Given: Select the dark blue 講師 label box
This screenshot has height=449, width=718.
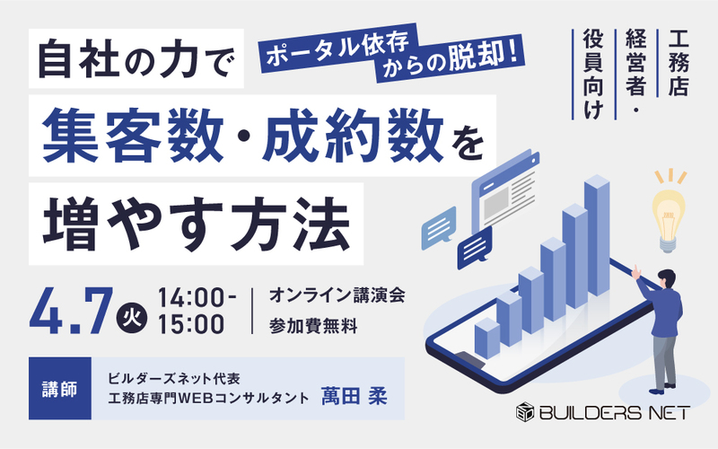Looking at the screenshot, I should (59, 389).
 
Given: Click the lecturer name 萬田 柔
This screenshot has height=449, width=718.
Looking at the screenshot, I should (355, 397).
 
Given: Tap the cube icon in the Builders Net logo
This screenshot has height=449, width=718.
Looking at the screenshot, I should (525, 413).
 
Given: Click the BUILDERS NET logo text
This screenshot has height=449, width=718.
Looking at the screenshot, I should (614, 413).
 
